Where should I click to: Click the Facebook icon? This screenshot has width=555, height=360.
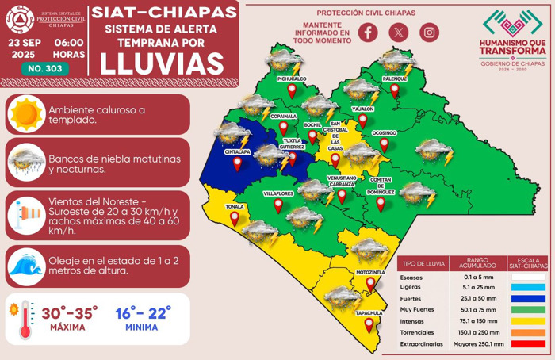367,32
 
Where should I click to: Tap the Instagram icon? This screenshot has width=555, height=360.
429,32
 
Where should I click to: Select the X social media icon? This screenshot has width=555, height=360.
398,32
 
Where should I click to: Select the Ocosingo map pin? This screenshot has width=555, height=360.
385,145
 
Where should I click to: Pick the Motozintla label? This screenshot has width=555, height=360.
370,272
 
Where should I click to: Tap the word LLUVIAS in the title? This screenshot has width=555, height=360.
163,61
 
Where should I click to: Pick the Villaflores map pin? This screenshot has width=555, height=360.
278,205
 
